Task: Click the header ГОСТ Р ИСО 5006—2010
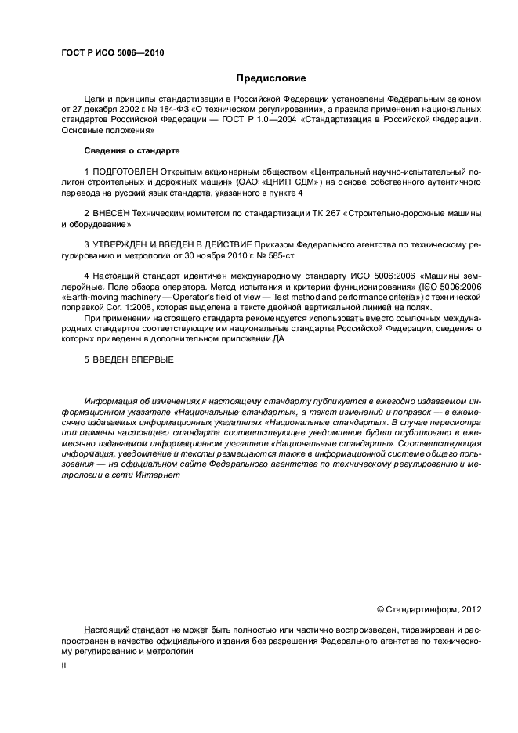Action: pyautogui.click(x=112, y=53)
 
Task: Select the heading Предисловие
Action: pyautogui.click(x=271, y=78)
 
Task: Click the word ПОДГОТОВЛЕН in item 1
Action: pyautogui.click(x=125, y=171)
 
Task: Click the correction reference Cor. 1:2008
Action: pyautogui.click(x=115, y=308)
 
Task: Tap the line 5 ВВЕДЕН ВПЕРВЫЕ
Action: pyautogui.click(x=129, y=360)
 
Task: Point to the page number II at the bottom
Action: pyautogui.click(x=64, y=665)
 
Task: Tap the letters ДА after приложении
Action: pyautogui.click(x=279, y=340)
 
